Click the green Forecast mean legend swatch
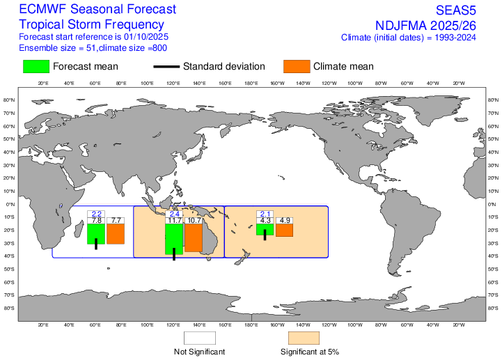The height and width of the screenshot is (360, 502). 36,66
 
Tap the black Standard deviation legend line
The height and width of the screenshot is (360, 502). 165,67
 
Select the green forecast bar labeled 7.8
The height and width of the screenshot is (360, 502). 96,233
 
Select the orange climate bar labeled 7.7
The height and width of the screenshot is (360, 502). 116,233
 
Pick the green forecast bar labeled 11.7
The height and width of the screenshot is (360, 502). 173,239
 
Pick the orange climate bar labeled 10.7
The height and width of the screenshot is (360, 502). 194,237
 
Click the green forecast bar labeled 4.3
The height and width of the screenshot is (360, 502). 265,229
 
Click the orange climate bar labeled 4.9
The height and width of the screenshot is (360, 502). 284,230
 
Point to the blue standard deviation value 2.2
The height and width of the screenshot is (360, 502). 96,214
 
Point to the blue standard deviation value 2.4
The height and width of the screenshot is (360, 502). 174,214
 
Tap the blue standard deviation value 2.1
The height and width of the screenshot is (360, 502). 265,214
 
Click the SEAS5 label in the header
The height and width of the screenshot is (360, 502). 463,10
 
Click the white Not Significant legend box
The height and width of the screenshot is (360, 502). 200,338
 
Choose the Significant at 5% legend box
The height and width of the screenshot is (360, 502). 304,338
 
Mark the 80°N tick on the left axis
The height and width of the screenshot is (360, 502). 10,100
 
